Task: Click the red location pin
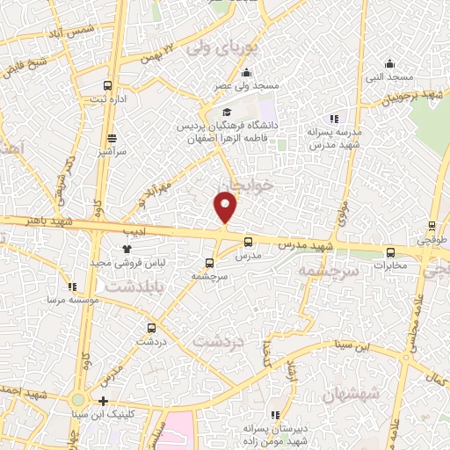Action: (226, 207)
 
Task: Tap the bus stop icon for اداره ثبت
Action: (107, 86)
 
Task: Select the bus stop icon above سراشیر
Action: (112, 138)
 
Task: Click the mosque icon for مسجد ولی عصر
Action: (248, 73)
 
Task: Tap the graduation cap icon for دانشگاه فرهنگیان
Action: (227, 112)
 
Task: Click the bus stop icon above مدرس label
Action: (247, 242)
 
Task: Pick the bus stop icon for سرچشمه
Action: (208, 263)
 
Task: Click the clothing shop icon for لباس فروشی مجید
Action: (127, 250)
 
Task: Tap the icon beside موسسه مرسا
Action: (72, 287)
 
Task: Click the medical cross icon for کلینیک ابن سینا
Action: (104, 401)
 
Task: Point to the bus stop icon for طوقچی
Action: (432, 226)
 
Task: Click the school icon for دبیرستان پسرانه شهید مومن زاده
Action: (276, 415)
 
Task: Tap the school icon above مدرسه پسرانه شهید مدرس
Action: (332, 119)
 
